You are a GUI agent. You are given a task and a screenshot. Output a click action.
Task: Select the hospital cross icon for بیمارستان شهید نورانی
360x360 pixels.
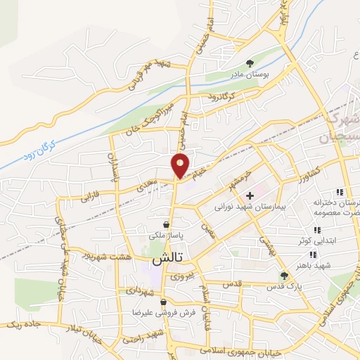(250, 195)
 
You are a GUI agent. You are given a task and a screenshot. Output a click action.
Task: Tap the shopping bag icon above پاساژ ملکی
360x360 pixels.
(165, 224)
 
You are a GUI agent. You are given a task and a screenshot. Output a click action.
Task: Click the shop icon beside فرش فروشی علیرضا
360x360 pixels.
(163, 302)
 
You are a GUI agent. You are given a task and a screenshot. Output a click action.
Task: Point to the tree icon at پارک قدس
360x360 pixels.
(284, 276)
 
